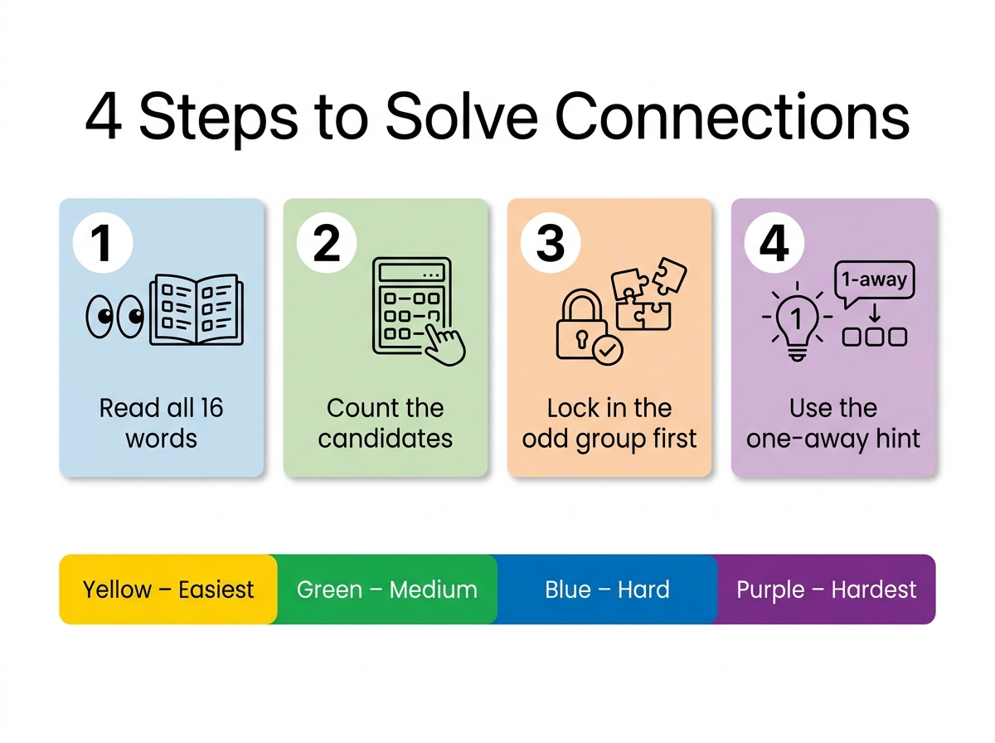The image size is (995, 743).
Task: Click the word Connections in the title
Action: tap(732, 116)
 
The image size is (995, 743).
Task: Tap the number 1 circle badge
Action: tap(103, 242)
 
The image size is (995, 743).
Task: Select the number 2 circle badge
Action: tap(327, 242)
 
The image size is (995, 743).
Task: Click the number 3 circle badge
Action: tap(551, 242)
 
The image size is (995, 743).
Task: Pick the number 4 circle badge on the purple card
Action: tap(774, 242)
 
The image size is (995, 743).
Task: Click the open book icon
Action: tap(197, 309)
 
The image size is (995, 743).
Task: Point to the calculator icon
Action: tap(411, 306)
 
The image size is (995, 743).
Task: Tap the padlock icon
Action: tap(582, 324)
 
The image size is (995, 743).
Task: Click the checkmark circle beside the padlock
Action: tap(608, 349)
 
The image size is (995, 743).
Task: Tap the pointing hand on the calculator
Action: tap(444, 342)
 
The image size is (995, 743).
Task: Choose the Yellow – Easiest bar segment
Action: tap(168, 590)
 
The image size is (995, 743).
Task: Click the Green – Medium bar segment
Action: tap(387, 590)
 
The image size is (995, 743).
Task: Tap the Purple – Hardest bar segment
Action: tap(827, 590)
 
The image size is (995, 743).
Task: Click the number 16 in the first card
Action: tap(211, 408)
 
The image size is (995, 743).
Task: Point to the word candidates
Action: tap(386, 439)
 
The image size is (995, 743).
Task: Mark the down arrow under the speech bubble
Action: tap(875, 313)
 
